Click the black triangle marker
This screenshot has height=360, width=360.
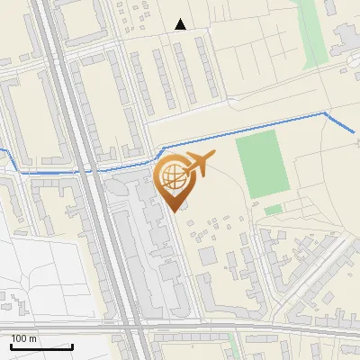[x=181, y=24]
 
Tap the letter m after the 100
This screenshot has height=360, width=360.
[x=33, y=338]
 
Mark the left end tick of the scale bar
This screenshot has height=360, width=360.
[x=11, y=346]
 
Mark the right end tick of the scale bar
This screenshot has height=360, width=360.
[x=73, y=346]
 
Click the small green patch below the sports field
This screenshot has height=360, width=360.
[x=273, y=210]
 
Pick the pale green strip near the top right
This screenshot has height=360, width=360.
[x=310, y=31]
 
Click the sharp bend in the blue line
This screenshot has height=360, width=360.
[x=326, y=113]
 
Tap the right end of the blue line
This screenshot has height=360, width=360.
[x=355, y=133]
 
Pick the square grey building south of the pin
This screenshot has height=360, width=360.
[x=208, y=256]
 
